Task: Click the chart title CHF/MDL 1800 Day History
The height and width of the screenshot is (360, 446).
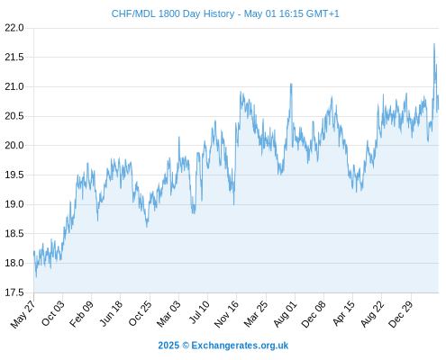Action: pos(173,13)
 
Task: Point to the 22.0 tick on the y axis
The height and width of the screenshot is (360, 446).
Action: pos(14,28)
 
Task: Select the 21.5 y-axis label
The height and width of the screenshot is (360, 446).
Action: pos(14,57)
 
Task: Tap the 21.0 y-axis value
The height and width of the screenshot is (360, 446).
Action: pos(14,86)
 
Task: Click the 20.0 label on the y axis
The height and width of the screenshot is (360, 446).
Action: pos(14,146)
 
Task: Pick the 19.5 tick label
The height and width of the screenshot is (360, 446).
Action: pos(14,175)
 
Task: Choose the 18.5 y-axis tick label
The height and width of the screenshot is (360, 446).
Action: pos(14,234)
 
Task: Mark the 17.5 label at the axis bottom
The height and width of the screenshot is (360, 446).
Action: pos(14,292)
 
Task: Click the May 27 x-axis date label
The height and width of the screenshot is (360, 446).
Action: pos(23,314)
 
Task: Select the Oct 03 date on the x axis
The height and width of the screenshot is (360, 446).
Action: pos(52,313)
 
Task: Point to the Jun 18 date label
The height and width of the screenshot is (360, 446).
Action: pos(111,313)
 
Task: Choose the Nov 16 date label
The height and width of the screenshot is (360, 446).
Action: pos(226,314)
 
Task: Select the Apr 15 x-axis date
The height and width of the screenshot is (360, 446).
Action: pos(343,313)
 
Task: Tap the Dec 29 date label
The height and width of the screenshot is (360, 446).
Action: pos(401,314)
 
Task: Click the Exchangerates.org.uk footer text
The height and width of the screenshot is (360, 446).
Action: pos(240,346)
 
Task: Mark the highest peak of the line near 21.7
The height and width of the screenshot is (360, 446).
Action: pos(434,44)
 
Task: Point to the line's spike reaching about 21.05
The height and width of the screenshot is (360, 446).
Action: pos(291,84)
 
